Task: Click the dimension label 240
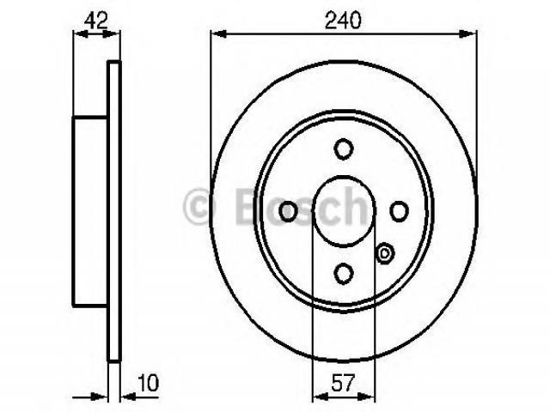tap(343, 20)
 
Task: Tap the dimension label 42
tap(95, 20)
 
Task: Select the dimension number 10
tap(148, 383)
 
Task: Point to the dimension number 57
tap(343, 383)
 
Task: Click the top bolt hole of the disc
tap(343, 148)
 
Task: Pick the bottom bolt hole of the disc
tap(343, 274)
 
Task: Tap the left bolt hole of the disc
tap(288, 211)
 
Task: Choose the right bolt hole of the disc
tap(399, 211)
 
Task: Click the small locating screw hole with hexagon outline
tap(385, 253)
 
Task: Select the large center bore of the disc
tap(344, 210)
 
